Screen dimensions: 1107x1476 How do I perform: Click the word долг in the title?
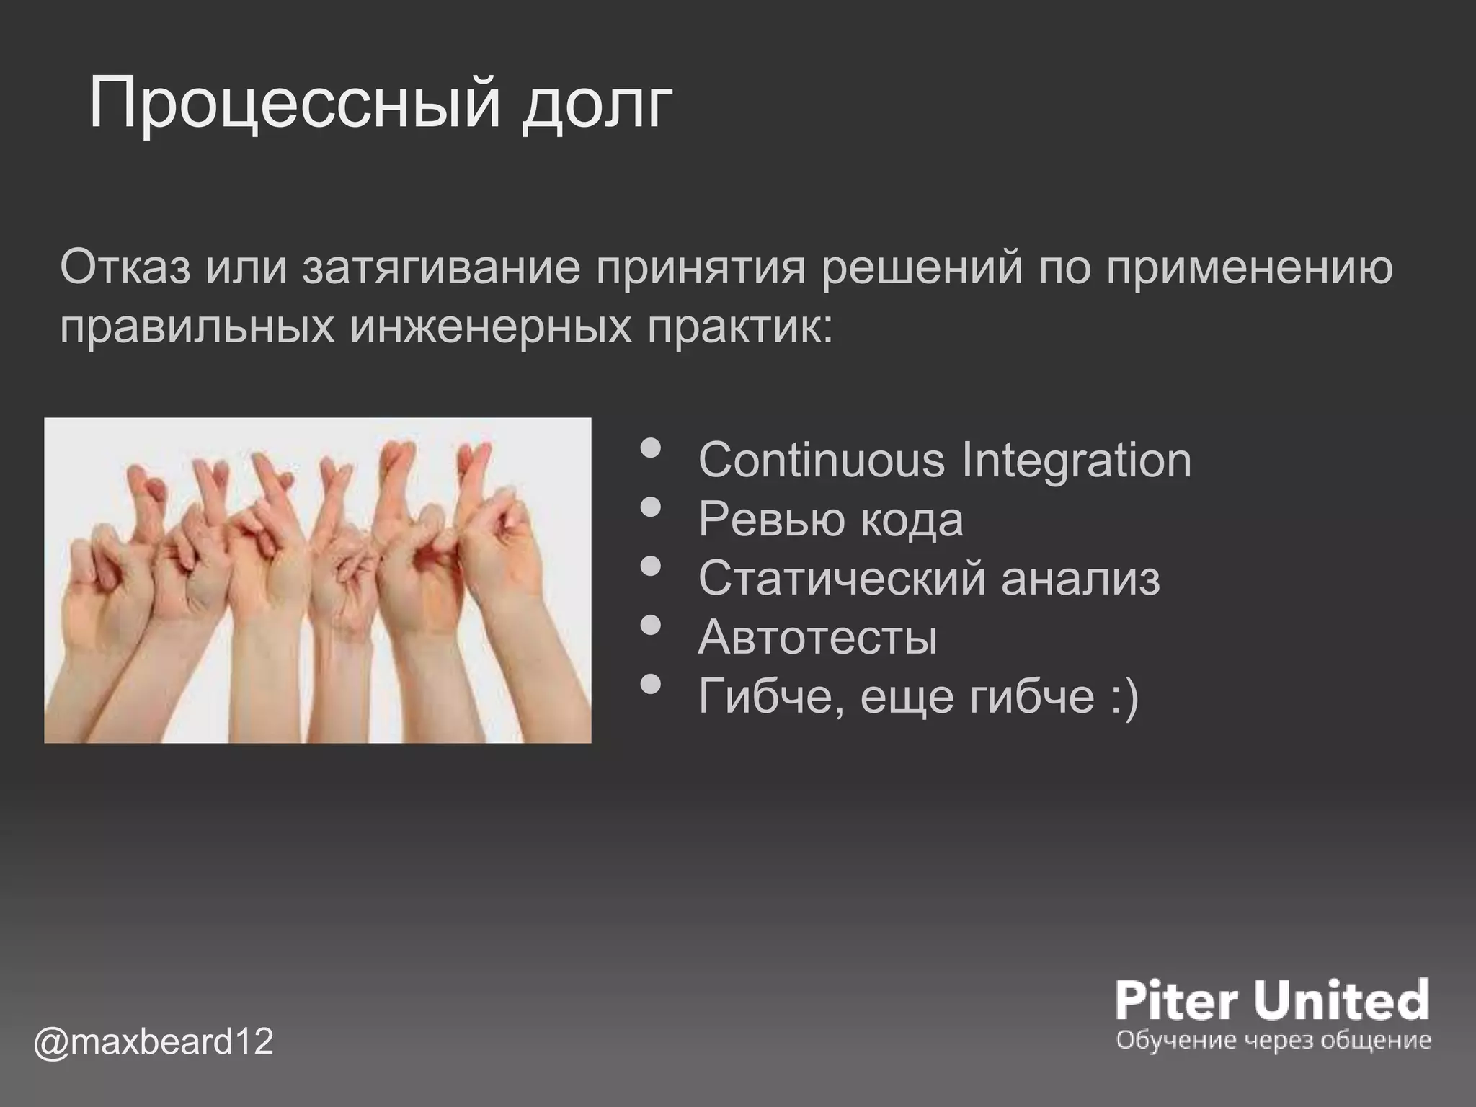click(597, 105)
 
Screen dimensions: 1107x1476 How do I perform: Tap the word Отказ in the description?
click(125, 267)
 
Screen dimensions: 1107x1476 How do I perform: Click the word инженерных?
click(490, 328)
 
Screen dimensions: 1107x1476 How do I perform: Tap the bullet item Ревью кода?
click(830, 519)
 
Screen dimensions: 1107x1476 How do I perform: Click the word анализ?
click(1080, 578)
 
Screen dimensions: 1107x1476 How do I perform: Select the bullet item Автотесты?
click(817, 637)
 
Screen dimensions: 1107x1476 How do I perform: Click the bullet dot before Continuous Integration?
click(650, 449)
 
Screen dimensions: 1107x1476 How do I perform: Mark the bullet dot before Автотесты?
click(650, 626)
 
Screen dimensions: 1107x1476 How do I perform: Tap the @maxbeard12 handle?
click(154, 1041)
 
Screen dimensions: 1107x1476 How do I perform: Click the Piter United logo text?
click(1272, 999)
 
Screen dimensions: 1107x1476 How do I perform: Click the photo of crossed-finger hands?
click(318, 580)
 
